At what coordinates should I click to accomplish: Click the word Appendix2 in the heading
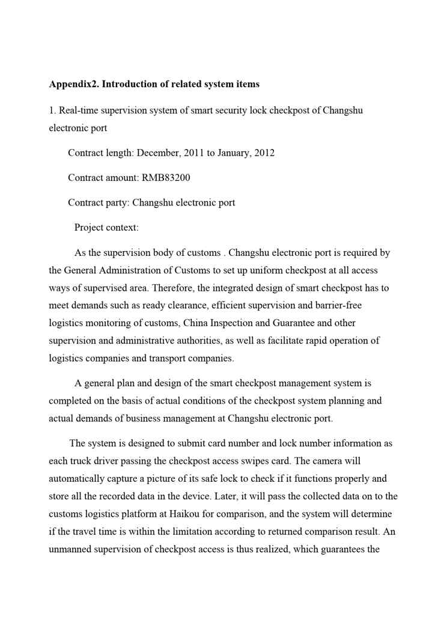pos(73,84)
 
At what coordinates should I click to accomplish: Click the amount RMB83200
pos(166,178)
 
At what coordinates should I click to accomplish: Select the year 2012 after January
pos(264,153)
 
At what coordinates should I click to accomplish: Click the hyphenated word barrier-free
pos(333,305)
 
